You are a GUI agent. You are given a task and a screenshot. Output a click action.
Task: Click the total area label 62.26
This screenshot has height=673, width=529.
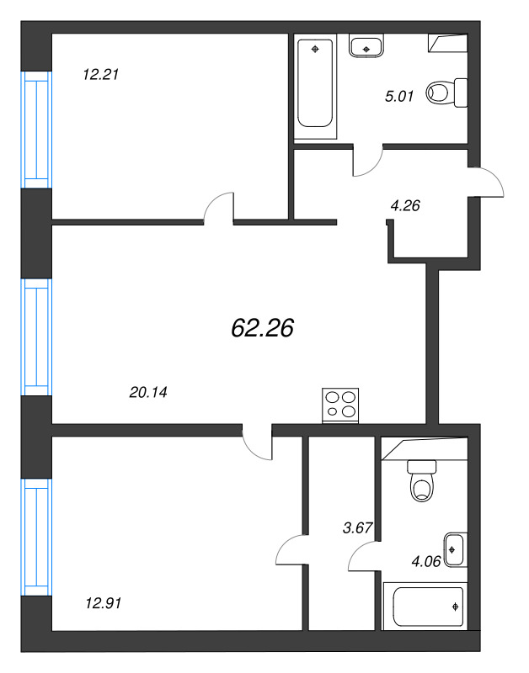point(262,328)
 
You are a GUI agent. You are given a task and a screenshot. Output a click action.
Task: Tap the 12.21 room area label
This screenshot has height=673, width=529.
point(100,75)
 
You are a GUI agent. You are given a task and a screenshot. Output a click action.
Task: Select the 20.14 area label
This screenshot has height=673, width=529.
point(148,392)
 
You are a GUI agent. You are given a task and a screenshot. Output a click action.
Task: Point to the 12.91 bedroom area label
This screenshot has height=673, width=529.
point(104,603)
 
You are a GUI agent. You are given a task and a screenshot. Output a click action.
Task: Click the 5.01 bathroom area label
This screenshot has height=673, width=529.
point(399,96)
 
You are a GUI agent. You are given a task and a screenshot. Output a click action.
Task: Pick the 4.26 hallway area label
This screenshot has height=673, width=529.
point(405,206)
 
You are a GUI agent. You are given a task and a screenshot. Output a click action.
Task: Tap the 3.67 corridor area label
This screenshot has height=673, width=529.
point(357,527)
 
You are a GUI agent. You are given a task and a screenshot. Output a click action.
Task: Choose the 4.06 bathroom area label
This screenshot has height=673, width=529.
point(426,561)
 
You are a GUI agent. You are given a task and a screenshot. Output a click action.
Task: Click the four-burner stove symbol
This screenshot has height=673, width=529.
point(340,405)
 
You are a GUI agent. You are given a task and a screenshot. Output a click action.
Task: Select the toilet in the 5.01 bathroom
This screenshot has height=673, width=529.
point(447,93)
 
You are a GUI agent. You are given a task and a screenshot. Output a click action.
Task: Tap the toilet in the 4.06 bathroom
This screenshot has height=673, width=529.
point(422,481)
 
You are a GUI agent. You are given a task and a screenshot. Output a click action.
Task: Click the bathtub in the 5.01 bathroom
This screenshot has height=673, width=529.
point(315,87)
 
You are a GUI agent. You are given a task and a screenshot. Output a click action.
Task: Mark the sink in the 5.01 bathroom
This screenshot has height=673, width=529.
point(366,46)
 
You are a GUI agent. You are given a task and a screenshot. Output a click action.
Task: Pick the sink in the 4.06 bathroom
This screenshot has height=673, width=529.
point(456,550)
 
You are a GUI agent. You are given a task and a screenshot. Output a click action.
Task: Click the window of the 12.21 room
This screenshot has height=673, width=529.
point(37,130)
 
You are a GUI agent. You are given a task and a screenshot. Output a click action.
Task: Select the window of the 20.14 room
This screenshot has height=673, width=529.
point(37,337)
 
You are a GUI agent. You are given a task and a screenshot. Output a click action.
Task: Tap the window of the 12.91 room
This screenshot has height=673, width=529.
point(37,538)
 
